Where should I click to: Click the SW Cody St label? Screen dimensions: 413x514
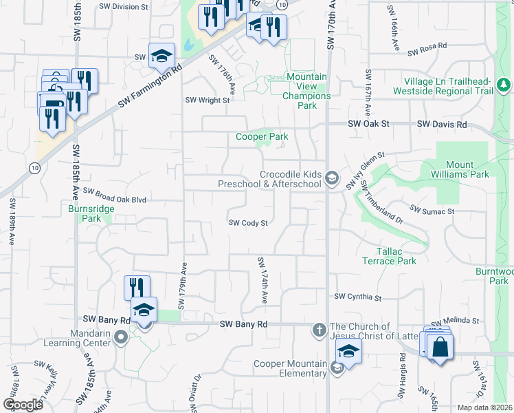click(x=247, y=223)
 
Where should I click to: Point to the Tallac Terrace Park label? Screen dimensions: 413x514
click(x=390, y=257)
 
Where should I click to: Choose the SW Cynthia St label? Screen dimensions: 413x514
click(x=357, y=297)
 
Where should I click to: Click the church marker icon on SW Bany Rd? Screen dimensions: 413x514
click(x=319, y=329)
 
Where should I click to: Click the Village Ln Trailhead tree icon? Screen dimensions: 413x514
click(x=504, y=85)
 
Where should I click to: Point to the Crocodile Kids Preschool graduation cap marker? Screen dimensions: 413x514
click(x=332, y=179)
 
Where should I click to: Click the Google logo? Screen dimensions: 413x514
click(x=23, y=405)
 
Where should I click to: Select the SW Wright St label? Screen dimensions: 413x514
click(x=207, y=100)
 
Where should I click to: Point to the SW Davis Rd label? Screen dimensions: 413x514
click(x=445, y=125)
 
